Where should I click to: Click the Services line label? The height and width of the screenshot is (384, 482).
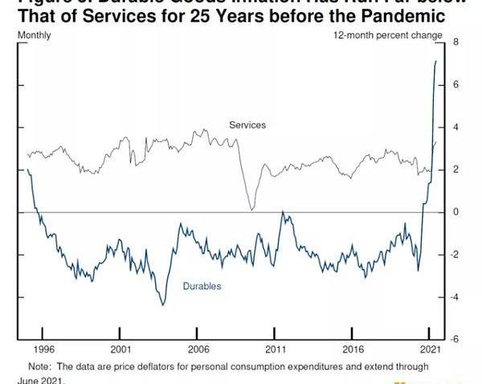click(247, 125)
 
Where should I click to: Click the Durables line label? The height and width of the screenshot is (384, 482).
click(202, 286)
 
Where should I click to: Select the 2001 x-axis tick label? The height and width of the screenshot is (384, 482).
click(120, 350)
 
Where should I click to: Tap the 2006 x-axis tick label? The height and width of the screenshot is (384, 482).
click(198, 350)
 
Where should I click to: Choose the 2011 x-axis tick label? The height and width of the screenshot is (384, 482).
click(276, 350)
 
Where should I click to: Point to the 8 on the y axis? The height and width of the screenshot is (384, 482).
click(455, 42)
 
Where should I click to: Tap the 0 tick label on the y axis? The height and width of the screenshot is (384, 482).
click(455, 212)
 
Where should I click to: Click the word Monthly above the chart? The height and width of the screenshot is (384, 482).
click(34, 35)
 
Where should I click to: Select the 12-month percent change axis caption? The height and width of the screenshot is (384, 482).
click(387, 35)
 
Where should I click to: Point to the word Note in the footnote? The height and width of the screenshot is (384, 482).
click(39, 366)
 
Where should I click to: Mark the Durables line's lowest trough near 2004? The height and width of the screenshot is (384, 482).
click(163, 304)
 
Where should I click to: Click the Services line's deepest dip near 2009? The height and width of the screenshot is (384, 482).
click(251, 210)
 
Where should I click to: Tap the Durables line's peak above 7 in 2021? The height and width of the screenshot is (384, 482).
click(436, 61)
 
